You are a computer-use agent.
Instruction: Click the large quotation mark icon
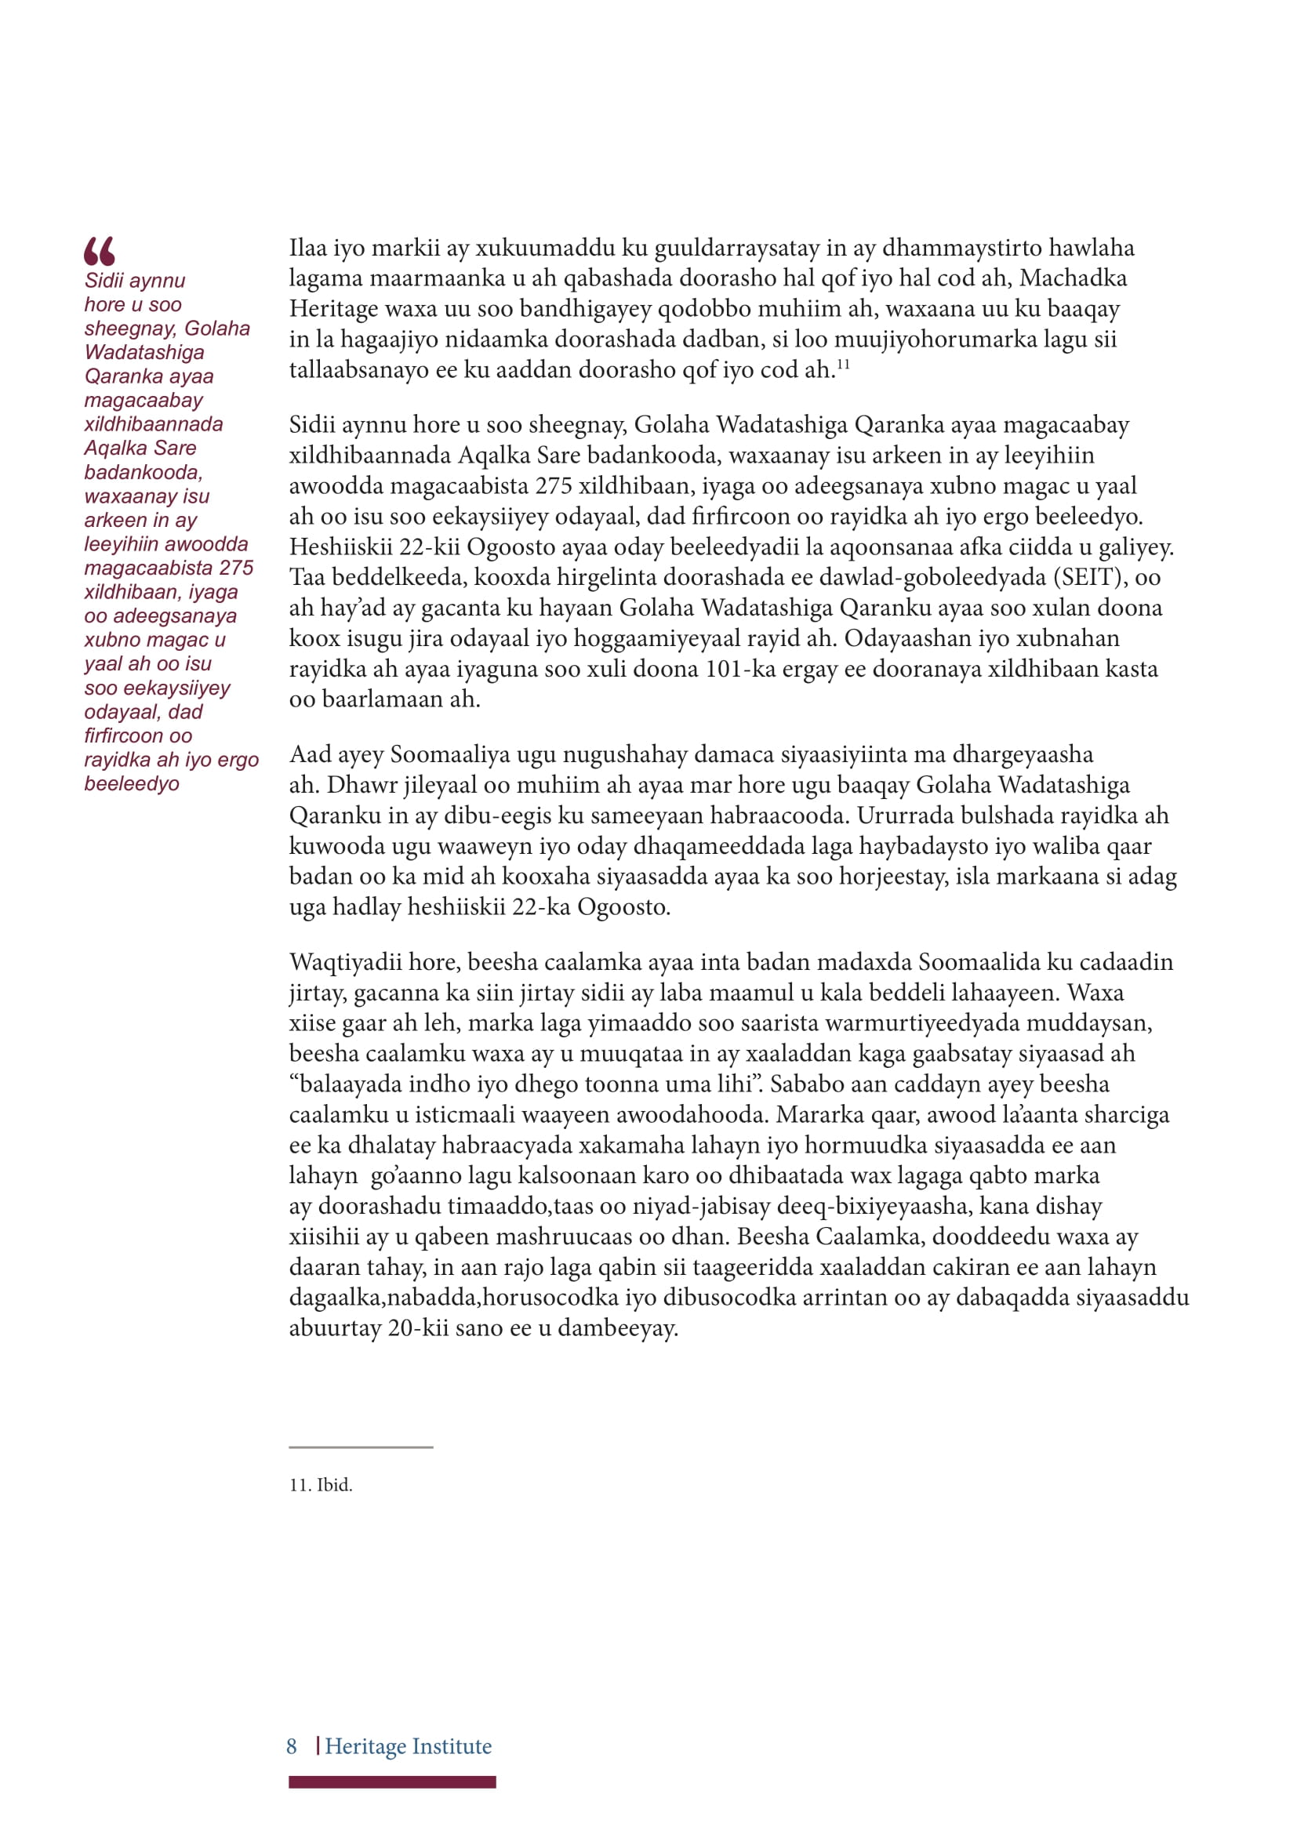click(x=99, y=251)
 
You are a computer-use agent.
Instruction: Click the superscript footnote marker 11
click(x=844, y=365)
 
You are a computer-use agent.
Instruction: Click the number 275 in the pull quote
click(x=236, y=568)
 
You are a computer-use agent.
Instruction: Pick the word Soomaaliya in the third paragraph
click(x=449, y=754)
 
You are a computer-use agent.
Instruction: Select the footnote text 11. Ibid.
click(x=320, y=1485)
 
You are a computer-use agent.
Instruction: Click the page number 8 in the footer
click(x=292, y=1746)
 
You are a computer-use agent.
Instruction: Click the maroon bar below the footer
click(x=391, y=1782)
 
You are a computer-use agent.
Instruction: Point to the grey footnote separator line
click(x=360, y=1447)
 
